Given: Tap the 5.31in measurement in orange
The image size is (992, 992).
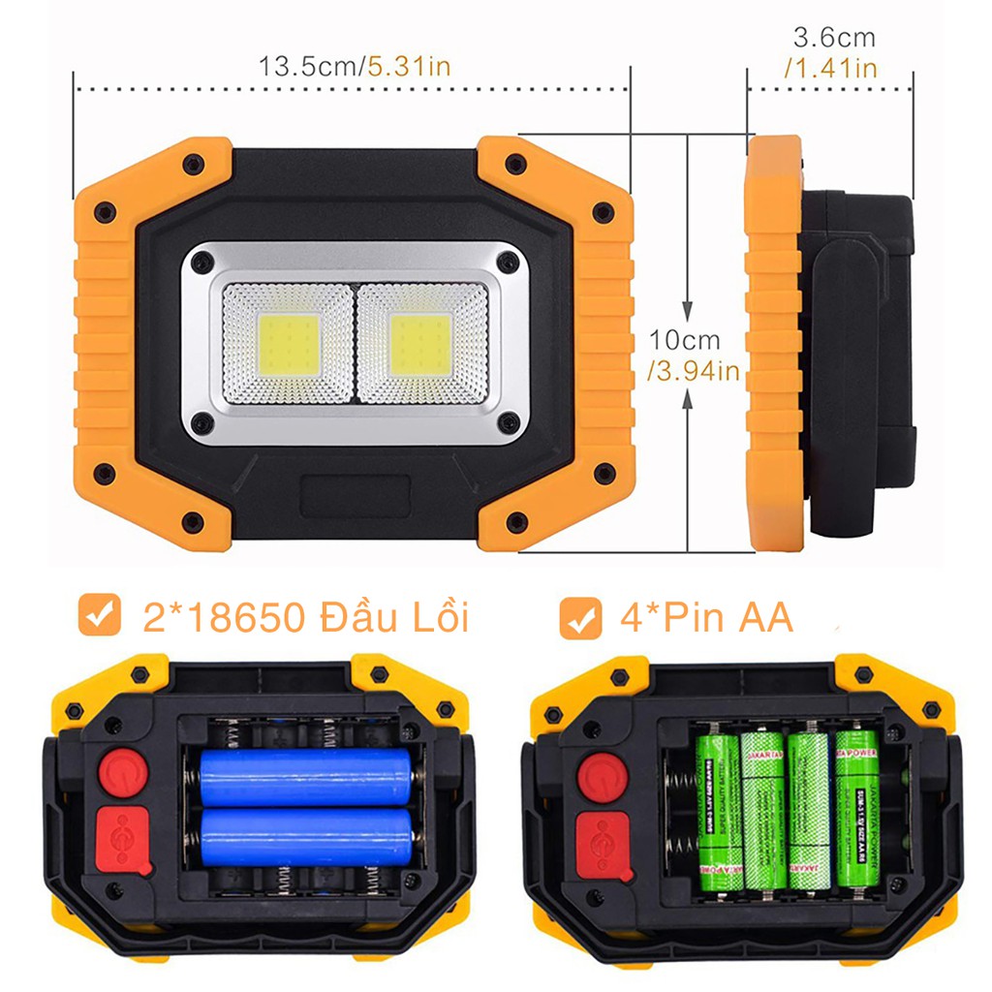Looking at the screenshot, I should tap(407, 67).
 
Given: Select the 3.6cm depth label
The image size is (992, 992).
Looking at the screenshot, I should tap(833, 38).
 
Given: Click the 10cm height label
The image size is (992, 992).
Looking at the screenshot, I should tap(685, 341).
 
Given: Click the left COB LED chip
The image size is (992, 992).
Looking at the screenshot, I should tap(289, 345).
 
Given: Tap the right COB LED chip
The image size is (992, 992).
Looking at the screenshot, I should tap(421, 345).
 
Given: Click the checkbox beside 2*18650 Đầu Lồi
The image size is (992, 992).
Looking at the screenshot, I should tap(99, 615).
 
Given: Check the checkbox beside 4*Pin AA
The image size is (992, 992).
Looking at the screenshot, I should tap(580, 617).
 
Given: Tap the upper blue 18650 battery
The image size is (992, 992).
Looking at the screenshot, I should tap(305, 776).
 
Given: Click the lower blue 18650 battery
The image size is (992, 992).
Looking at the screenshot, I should tap(305, 837).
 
